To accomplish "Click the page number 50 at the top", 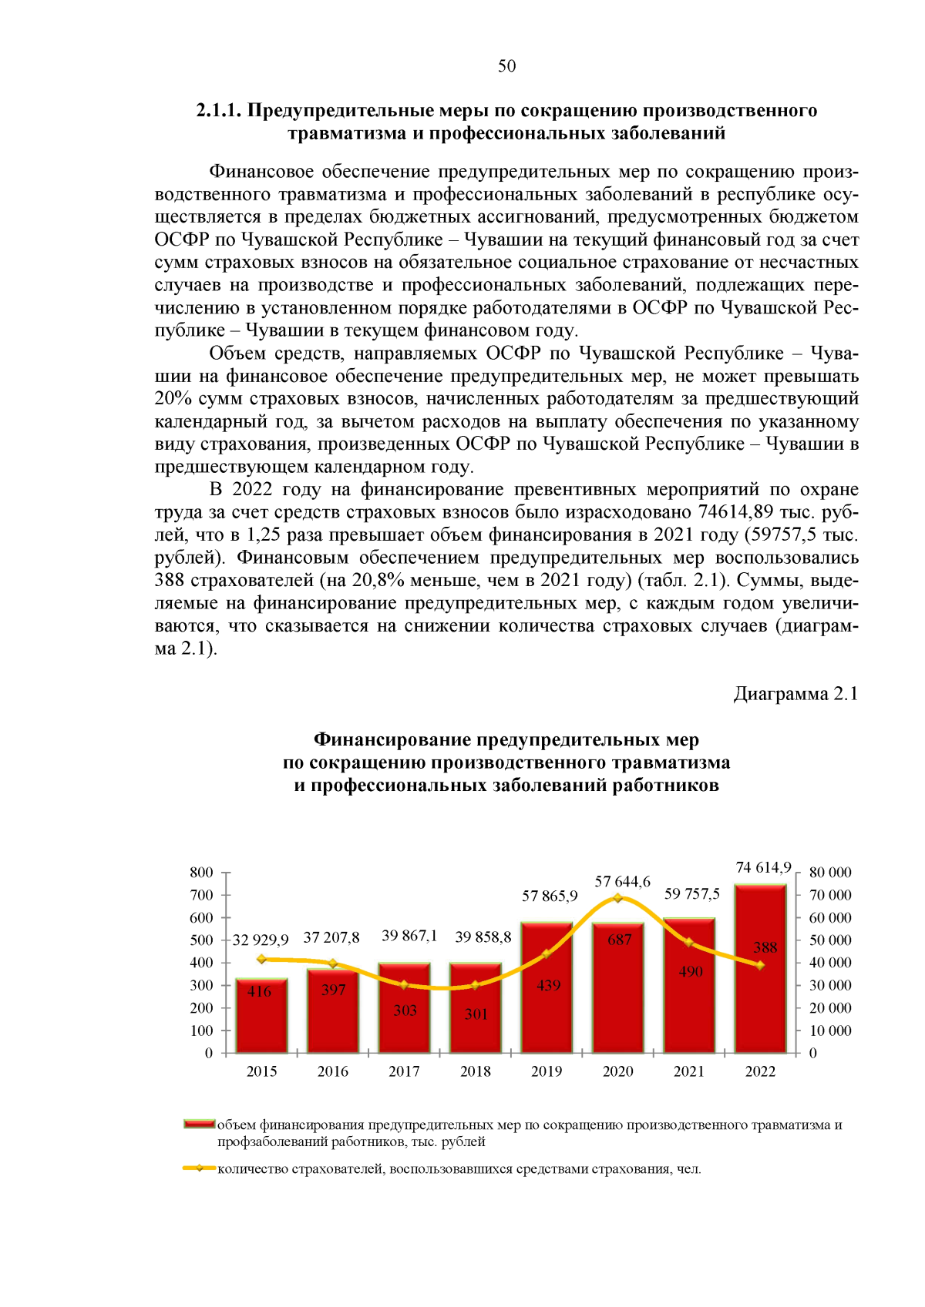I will [x=506, y=66].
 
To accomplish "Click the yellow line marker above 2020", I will [x=618, y=898].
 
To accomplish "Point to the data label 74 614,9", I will [x=763, y=867].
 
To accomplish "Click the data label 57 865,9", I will [x=550, y=896].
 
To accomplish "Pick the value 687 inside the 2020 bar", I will [x=619, y=940].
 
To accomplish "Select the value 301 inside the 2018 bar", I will [x=476, y=1014].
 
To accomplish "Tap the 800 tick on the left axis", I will [x=201, y=873].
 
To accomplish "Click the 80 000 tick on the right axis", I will [x=830, y=873].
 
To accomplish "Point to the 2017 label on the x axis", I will [x=404, y=1071].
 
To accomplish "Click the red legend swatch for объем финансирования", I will [x=199, y=1124].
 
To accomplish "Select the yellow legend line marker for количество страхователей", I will [x=200, y=1168].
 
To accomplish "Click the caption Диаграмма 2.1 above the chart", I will [x=795, y=694].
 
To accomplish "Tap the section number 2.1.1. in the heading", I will [x=219, y=111].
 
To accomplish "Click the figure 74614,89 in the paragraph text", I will [x=735, y=512].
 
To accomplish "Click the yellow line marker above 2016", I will [x=333, y=963].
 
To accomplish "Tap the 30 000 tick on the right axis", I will [x=830, y=985].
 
